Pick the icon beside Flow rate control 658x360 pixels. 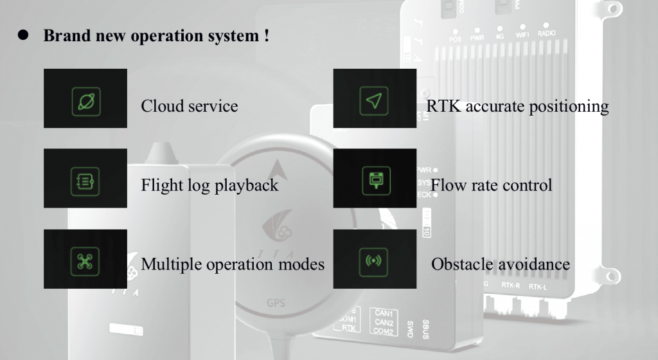coord(375,179)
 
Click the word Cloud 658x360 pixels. coord(163,106)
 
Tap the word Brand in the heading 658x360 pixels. coord(64,36)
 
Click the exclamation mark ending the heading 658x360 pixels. coord(266,36)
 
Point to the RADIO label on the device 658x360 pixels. coord(547,33)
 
